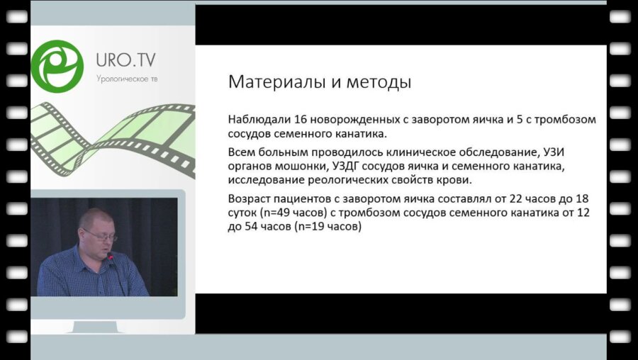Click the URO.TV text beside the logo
127,59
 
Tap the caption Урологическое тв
127,78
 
